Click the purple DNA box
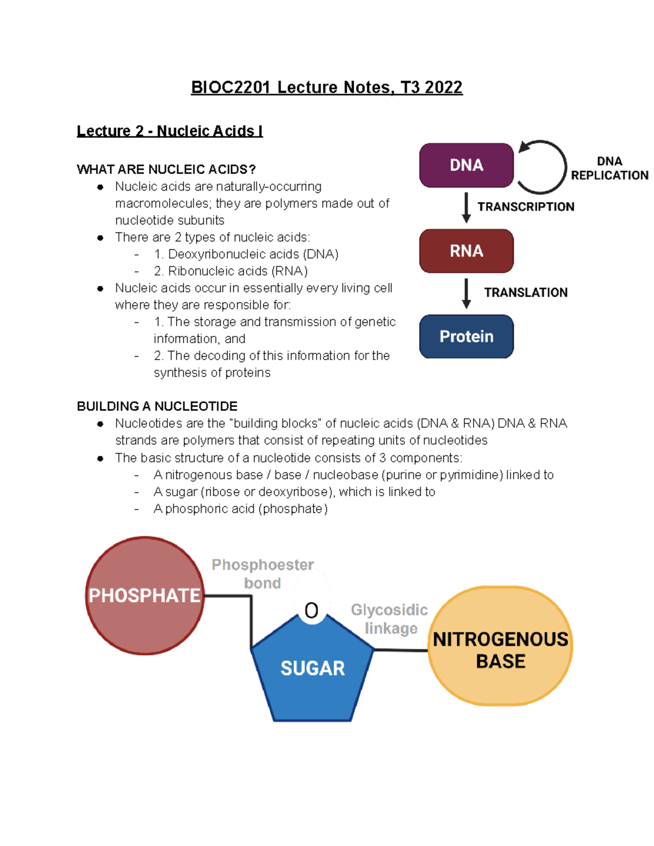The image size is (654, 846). tap(466, 165)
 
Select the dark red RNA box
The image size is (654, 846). tap(466, 251)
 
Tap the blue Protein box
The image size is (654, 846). tap(466, 336)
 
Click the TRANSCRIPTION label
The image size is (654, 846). tap(525, 206)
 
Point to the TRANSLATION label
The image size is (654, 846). tap(525, 293)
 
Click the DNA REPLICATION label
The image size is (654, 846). tap(609, 168)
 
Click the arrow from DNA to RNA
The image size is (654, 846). tap(466, 208)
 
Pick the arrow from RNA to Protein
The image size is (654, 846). tap(466, 294)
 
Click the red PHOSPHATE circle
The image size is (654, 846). tap(144, 595)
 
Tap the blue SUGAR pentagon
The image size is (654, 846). tap(312, 670)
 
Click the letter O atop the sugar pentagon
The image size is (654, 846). tap(311, 610)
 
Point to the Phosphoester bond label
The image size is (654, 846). tap(262, 574)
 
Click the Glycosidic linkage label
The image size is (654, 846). tap(390, 619)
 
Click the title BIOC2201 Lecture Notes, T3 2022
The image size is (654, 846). tap(326, 87)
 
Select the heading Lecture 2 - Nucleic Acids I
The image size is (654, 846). tap(169, 131)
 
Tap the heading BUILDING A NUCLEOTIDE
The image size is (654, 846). tap(157, 406)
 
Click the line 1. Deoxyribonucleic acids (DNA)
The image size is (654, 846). tap(246, 254)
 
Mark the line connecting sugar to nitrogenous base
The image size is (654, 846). tap(401, 649)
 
